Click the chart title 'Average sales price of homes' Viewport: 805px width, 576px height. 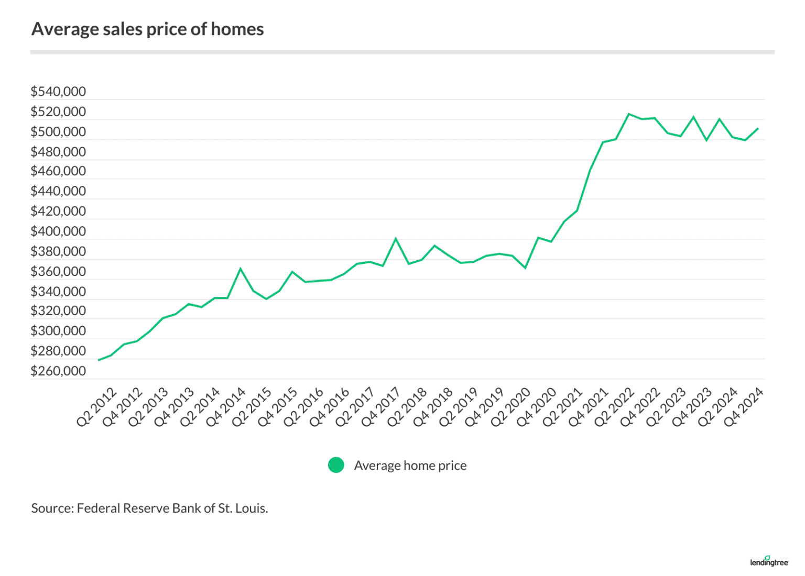click(148, 29)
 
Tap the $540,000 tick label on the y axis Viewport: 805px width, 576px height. click(58, 92)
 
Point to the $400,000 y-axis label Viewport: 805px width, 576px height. click(58, 231)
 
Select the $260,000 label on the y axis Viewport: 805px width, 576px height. click(58, 371)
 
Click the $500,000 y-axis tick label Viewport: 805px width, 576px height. click(58, 131)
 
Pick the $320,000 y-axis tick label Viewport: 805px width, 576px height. click(58, 311)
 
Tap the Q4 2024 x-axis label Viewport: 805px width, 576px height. click(744, 407)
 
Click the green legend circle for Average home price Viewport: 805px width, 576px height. click(336, 465)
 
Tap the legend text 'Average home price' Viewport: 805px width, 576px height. click(410, 466)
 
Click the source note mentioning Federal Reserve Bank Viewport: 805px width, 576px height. click(149, 508)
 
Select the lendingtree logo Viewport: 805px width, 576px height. click(769, 561)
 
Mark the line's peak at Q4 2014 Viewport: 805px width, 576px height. click(241, 269)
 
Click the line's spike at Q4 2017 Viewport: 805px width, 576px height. click(396, 239)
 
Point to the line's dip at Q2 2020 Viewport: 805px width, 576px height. click(525, 268)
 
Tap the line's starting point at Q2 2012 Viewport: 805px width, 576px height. click(99, 360)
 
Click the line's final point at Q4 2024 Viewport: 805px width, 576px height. click(758, 128)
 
